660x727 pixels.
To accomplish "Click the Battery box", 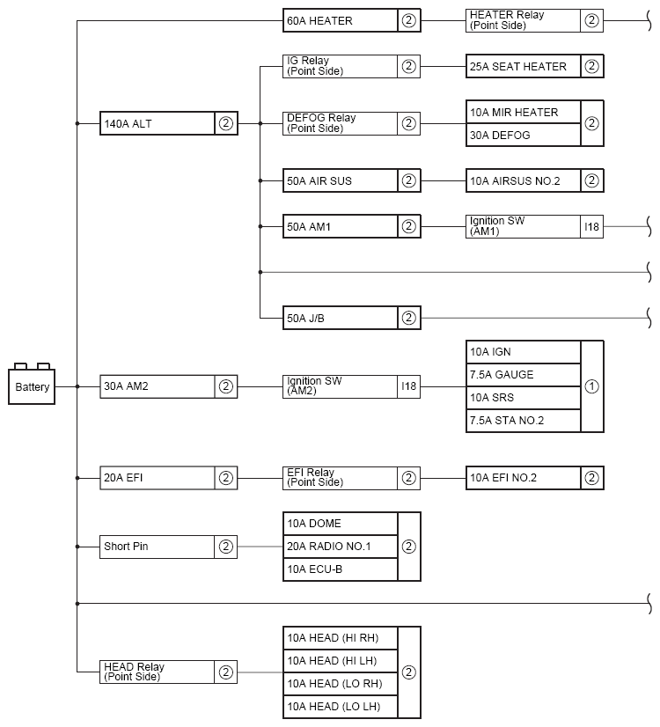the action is pos(32,386).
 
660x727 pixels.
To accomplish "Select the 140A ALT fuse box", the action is pos(169,123).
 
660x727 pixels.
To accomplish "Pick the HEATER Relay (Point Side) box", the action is pos(534,20).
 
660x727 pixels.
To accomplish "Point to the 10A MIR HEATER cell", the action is pos(524,112).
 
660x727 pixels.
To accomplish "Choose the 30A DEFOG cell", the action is pos(524,135).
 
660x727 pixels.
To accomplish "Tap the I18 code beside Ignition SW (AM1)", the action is pos(592,227).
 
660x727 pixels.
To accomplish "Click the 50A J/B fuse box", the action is pos(352,318).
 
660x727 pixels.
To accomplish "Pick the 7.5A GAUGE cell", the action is pos(524,375).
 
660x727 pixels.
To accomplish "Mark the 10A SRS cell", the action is pos(524,397).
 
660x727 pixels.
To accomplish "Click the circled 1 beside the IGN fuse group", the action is pos(592,386).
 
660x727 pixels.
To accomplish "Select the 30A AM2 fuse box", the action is pos(169,386).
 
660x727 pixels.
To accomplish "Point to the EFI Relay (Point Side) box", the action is pos(352,478).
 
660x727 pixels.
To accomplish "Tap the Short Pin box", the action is pos(169,547).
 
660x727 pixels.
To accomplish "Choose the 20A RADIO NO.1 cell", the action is pos(341,547).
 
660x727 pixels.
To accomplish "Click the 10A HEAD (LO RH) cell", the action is pos(341,683).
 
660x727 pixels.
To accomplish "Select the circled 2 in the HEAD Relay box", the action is pos(225,672).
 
